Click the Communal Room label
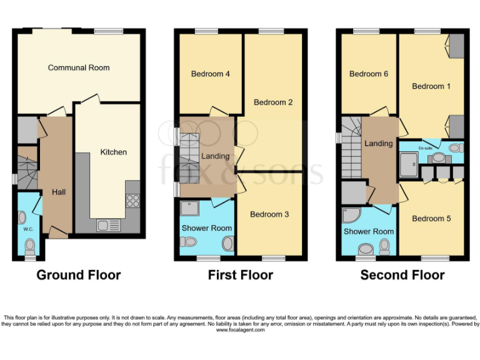pyautogui.click(x=79, y=67)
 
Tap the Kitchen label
pyautogui.click(x=114, y=152)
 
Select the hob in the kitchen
pyautogui.click(x=132, y=200)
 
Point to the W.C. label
pyautogui.click(x=28, y=229)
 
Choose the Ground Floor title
pyautogui.click(x=79, y=275)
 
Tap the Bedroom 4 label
pyautogui.click(x=211, y=74)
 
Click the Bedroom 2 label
pyautogui.click(x=273, y=102)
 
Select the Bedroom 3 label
pyautogui.click(x=269, y=214)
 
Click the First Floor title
pyautogui.click(x=241, y=275)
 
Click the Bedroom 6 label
pyautogui.click(x=369, y=74)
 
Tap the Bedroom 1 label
pyautogui.click(x=431, y=86)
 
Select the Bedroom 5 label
pyautogui.click(x=431, y=219)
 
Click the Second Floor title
pyautogui.click(x=402, y=275)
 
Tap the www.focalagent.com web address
pyautogui.click(x=241, y=330)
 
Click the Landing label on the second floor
pyautogui.click(x=379, y=143)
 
